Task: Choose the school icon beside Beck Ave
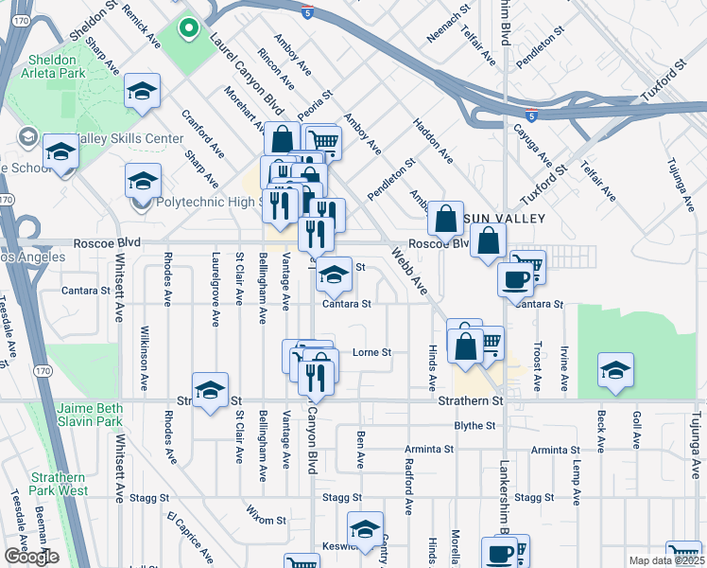[x=615, y=370]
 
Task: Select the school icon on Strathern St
[x=210, y=390]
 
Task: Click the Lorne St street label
[x=371, y=352]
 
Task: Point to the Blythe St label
[x=474, y=426]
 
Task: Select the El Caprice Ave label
[x=189, y=533]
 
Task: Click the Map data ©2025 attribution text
[x=665, y=560]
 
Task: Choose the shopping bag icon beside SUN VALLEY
[x=445, y=219]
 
